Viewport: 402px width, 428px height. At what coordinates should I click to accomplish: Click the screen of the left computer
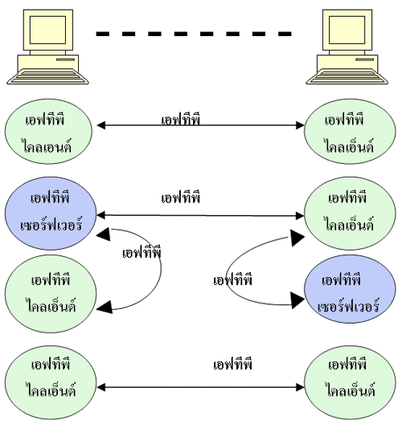click(x=47, y=30)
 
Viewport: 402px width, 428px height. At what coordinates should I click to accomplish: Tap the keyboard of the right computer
click(x=347, y=76)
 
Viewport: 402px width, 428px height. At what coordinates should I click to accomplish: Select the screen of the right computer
click(x=347, y=30)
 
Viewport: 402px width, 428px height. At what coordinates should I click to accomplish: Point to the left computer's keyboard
click(x=47, y=76)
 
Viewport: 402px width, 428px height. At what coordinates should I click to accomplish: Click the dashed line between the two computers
click(x=194, y=34)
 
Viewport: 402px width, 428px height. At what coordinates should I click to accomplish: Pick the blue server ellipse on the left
click(x=51, y=213)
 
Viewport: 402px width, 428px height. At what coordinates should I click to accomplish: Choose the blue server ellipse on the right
click(x=350, y=289)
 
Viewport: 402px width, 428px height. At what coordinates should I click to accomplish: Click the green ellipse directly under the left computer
click(x=48, y=132)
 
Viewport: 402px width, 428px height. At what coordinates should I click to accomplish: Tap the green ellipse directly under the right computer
click(x=350, y=132)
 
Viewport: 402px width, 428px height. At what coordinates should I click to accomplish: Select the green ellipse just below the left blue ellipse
click(x=51, y=294)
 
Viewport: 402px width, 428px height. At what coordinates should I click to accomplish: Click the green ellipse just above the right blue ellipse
click(x=350, y=213)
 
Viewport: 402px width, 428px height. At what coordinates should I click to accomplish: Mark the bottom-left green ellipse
click(x=51, y=383)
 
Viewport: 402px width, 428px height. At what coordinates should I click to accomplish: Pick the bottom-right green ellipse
click(x=350, y=383)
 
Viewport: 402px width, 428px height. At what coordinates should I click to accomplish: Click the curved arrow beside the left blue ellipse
click(x=161, y=269)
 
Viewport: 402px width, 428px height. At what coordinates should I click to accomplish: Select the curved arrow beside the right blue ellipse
click(x=227, y=275)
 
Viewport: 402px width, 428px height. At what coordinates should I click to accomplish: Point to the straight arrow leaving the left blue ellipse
click(x=200, y=216)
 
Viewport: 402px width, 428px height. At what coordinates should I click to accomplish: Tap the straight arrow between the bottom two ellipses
click(x=200, y=387)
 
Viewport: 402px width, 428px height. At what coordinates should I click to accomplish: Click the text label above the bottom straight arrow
click(x=232, y=365)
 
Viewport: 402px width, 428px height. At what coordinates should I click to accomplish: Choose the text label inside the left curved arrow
click(x=142, y=253)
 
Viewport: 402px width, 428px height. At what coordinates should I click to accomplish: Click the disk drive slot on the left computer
click(x=66, y=59)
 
